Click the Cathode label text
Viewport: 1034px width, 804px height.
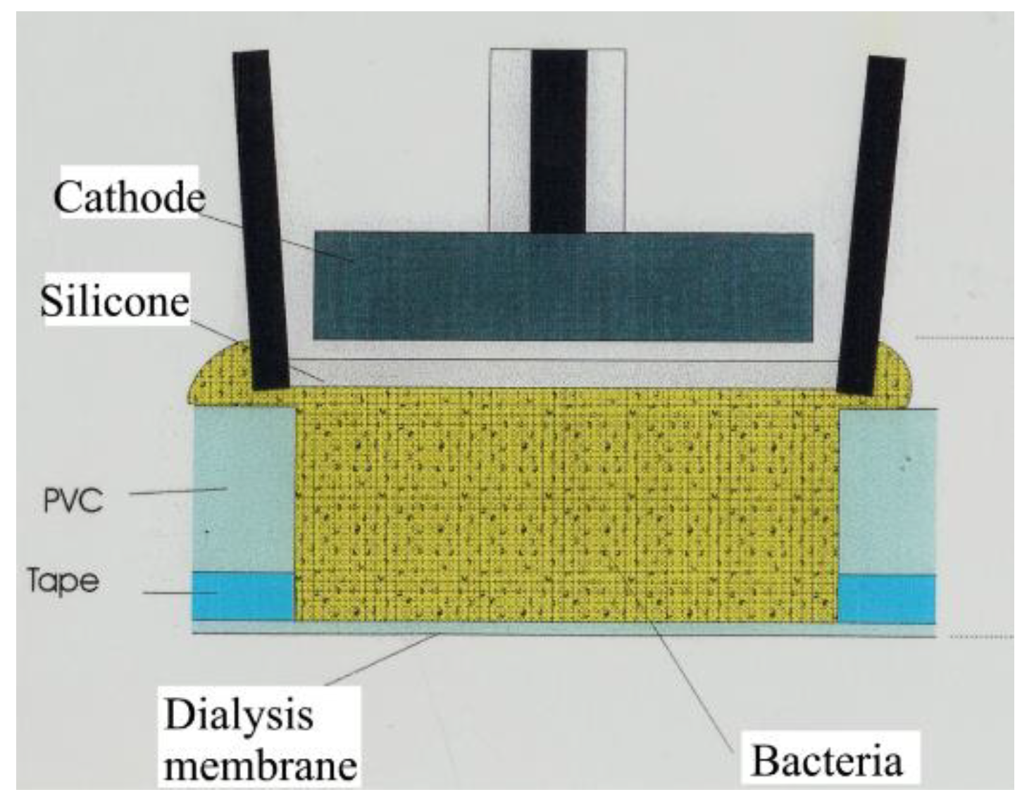coord(129,197)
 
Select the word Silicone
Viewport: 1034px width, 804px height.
coord(115,301)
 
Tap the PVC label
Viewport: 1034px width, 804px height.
coord(73,500)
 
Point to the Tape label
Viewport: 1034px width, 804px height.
coord(63,581)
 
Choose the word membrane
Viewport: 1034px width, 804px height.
coord(261,765)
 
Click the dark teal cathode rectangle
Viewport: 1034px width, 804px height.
coord(563,286)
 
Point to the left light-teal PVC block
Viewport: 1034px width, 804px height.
coord(244,490)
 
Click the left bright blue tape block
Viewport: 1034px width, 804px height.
coord(244,596)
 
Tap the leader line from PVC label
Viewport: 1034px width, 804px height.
coord(176,491)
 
